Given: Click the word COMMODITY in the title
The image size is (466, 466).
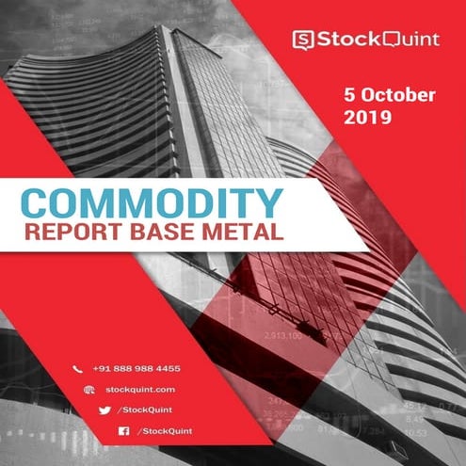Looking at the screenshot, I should (151, 202).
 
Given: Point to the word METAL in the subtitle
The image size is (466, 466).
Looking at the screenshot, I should (249, 232).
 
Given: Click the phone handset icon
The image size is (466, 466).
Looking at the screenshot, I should (78, 368).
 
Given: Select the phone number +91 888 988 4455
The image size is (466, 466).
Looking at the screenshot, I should (136, 368).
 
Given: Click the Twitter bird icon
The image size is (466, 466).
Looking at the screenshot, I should (104, 410).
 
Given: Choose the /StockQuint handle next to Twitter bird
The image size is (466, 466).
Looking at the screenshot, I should (144, 410).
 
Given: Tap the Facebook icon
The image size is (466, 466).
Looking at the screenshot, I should (122, 430).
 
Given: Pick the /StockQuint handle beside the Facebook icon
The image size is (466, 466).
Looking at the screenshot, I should (165, 430).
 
